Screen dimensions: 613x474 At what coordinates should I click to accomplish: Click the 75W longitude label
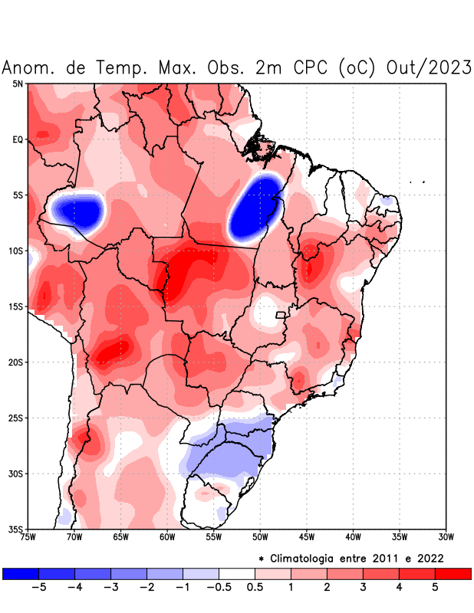pyautogui.click(x=28, y=537)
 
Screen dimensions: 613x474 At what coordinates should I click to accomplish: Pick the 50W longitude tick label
pyautogui.click(x=260, y=537)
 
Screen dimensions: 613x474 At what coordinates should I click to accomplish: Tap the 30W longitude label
pyautogui.click(x=446, y=537)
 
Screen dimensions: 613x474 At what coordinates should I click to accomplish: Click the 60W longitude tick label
pyautogui.click(x=167, y=537)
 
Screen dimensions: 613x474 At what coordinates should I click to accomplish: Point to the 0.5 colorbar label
pyautogui.click(x=255, y=588)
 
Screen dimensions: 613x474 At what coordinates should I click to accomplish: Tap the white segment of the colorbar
pyautogui.click(x=237, y=573)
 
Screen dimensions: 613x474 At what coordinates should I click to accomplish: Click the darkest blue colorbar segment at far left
pyautogui.click(x=21, y=573)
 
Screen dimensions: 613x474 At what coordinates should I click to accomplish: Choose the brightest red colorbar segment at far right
pyautogui.click(x=453, y=573)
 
